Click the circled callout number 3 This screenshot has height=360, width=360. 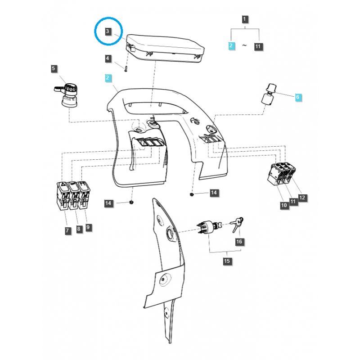108,31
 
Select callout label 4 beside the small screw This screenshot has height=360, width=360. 108,58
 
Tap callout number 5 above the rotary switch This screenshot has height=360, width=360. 54,68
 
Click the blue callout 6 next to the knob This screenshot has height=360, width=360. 297,97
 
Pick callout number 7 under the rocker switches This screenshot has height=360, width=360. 67,230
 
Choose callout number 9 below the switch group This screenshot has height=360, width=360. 88,228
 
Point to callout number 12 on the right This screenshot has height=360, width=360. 302,198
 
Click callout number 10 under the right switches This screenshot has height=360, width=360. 284,205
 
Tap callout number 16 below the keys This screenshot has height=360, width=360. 239,242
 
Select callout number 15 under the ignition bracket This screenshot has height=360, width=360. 227,261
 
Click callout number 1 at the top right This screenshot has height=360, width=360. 245,19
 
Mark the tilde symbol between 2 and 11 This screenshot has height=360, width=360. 244,45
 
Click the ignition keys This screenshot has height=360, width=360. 237,224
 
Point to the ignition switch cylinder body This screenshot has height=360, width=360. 207,227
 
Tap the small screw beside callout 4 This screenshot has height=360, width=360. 126,69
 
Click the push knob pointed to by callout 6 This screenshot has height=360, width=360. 269,94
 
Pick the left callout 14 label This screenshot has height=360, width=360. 108,203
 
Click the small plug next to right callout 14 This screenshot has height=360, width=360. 192,195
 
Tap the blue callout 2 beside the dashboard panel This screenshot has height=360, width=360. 108,78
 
